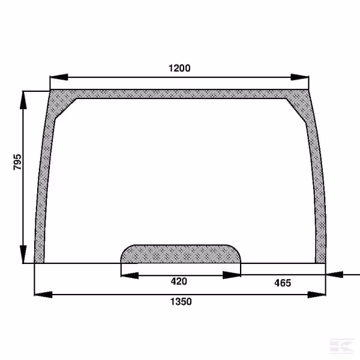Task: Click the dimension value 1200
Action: click(x=179, y=68)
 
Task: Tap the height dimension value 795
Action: click(x=17, y=162)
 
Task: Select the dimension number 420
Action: click(x=179, y=281)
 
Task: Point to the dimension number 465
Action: click(x=283, y=283)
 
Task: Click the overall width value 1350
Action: click(x=181, y=301)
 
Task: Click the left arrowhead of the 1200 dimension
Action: click(x=59, y=77)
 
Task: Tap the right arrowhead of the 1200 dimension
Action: click(x=299, y=77)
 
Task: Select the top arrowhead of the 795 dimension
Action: click(x=23, y=100)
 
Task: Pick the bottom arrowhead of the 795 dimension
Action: click(x=23, y=254)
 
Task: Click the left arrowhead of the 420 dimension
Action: click(x=130, y=275)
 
